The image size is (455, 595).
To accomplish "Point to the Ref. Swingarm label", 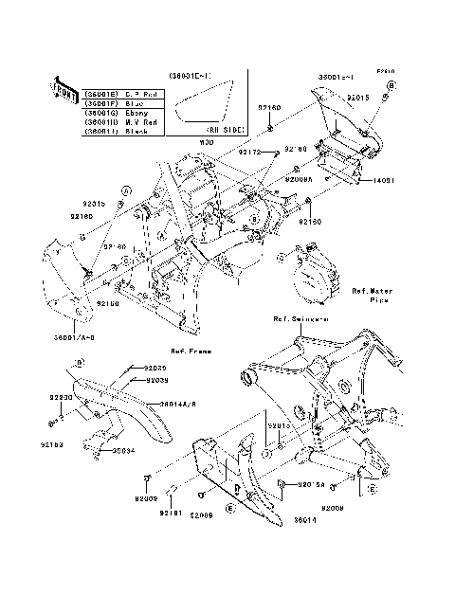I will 300,319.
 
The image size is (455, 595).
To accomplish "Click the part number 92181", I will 170,513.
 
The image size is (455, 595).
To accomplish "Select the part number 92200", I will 62,399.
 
